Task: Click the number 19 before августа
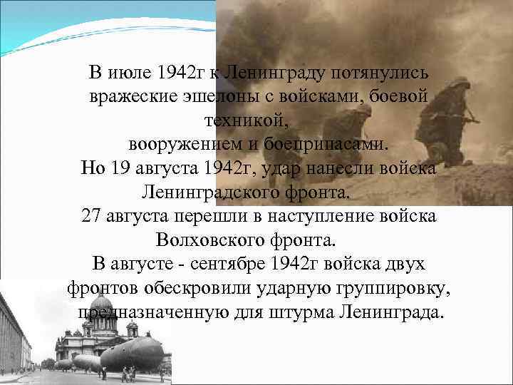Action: [119, 168]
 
